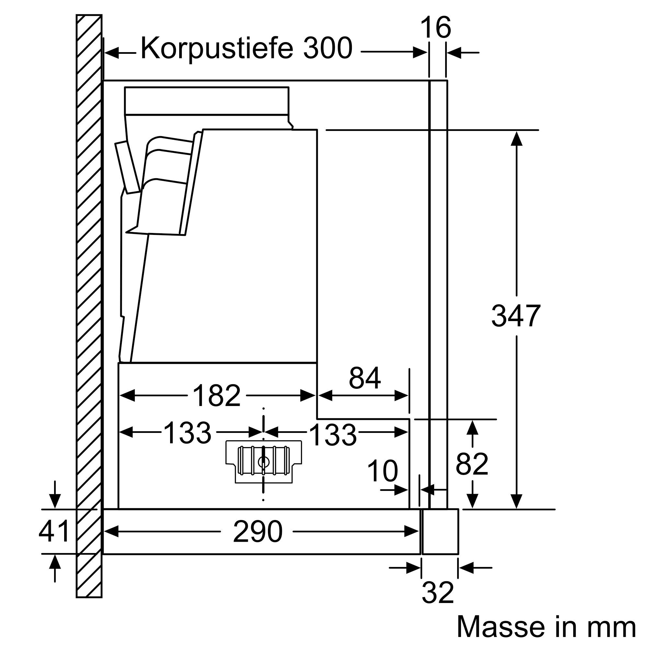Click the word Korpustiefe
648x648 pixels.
[217, 49]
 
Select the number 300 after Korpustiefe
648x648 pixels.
[328, 49]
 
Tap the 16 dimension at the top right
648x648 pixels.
[435, 28]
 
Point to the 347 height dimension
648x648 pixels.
[515, 316]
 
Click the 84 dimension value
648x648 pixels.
[364, 378]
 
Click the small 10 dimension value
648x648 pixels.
[382, 471]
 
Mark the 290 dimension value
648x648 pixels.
[257, 532]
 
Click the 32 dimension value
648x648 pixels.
[437, 593]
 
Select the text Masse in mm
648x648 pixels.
[546, 627]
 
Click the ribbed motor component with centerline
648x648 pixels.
[264, 462]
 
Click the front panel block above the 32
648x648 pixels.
[440, 531]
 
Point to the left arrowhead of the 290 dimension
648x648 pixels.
[111, 532]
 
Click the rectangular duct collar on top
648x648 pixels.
[206, 101]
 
